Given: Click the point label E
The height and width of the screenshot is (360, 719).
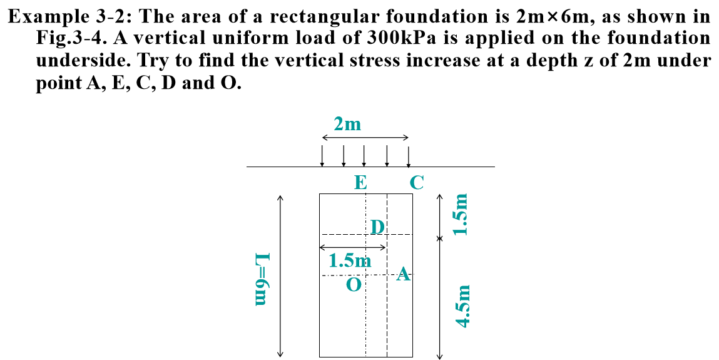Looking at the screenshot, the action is point(360,182).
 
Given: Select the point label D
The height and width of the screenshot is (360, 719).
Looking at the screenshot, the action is point(376,226).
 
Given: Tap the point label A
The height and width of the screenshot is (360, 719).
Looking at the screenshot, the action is point(404,274).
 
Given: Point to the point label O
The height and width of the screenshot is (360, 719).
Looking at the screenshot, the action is point(354,285).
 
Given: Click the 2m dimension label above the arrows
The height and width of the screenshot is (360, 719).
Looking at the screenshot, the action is point(347,124).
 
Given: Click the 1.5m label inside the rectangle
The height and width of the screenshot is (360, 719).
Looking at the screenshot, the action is point(350,260).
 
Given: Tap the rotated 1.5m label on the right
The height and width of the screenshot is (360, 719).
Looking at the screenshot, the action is point(462,214).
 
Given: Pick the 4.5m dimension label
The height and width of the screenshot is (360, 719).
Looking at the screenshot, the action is point(462,306).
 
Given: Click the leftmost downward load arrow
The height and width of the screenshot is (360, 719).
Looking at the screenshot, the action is point(322,156).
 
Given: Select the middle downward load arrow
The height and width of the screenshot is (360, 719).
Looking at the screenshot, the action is point(364,156).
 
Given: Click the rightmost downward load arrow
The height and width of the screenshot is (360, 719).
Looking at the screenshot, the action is point(408,156).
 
